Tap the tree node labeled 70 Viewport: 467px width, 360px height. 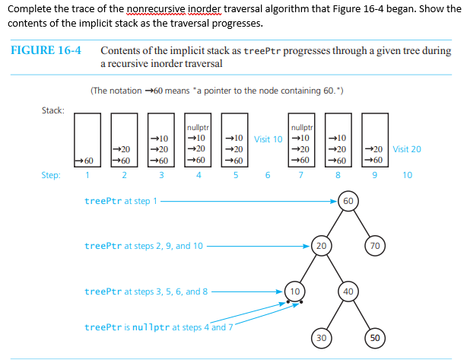(x=374, y=246)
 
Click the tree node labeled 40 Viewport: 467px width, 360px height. (x=348, y=291)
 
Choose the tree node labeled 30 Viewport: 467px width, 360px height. (x=322, y=337)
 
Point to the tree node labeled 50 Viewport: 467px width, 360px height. (x=374, y=337)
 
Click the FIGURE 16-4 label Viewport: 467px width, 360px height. (x=46, y=51)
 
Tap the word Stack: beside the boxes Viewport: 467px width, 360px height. (x=52, y=111)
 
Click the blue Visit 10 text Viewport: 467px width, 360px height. (x=268, y=139)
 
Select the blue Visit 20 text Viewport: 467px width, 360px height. (x=407, y=150)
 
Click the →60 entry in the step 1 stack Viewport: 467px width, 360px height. (x=87, y=161)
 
